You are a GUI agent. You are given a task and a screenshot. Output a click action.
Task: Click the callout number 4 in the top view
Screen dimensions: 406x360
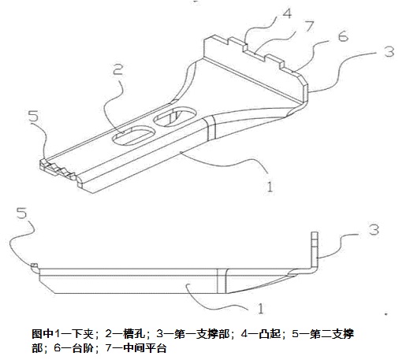287,13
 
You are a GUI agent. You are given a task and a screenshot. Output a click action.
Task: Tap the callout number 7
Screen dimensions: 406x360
309,26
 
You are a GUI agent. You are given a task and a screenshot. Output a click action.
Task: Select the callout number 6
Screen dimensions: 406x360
343,36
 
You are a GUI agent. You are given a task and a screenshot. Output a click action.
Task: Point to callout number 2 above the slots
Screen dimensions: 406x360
117,69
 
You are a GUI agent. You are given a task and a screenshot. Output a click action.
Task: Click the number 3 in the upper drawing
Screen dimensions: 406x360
389,51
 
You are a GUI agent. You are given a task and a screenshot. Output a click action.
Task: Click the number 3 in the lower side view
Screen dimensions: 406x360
374,229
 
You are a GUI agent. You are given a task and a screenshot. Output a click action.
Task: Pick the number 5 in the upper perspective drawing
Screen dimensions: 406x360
34,116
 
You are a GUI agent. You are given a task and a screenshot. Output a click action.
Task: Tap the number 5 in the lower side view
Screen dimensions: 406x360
21,213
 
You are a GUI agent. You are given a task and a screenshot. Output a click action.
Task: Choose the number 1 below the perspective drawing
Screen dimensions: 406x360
270,187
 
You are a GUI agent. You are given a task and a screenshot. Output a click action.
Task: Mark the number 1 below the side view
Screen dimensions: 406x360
260,309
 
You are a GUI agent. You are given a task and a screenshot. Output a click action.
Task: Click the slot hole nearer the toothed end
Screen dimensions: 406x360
134,136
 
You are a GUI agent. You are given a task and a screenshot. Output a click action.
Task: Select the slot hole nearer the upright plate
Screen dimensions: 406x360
175,117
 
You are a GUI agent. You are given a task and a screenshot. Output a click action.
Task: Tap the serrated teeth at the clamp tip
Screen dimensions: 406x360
58,169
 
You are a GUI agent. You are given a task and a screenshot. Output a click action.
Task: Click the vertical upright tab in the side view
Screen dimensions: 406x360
315,251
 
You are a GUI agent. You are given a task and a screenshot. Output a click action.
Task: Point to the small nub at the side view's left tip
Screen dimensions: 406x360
35,265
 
